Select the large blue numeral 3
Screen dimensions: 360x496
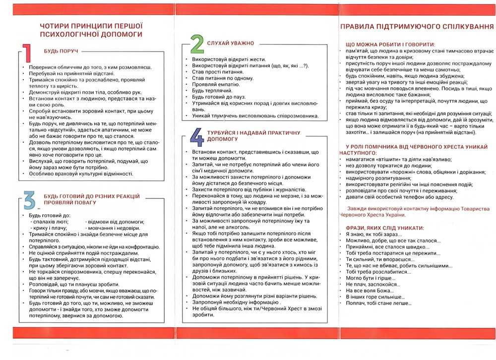coord(29,200)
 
